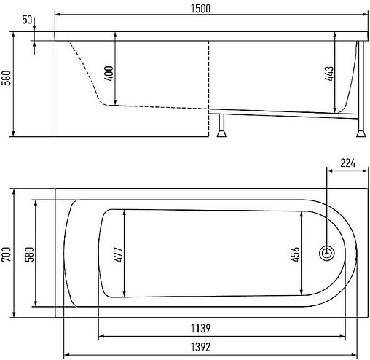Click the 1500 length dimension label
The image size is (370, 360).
click(x=200, y=9)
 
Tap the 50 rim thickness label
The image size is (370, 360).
click(x=27, y=20)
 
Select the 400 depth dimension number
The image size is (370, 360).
click(x=109, y=74)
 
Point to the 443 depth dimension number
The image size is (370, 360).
click(x=329, y=74)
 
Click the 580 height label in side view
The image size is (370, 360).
click(x=7, y=78)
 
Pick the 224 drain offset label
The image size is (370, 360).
click(x=347, y=163)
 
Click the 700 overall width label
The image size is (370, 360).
click(x=7, y=254)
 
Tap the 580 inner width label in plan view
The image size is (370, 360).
click(x=30, y=254)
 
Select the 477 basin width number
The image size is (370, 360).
click(x=119, y=254)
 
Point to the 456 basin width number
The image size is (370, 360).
click(x=295, y=254)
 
